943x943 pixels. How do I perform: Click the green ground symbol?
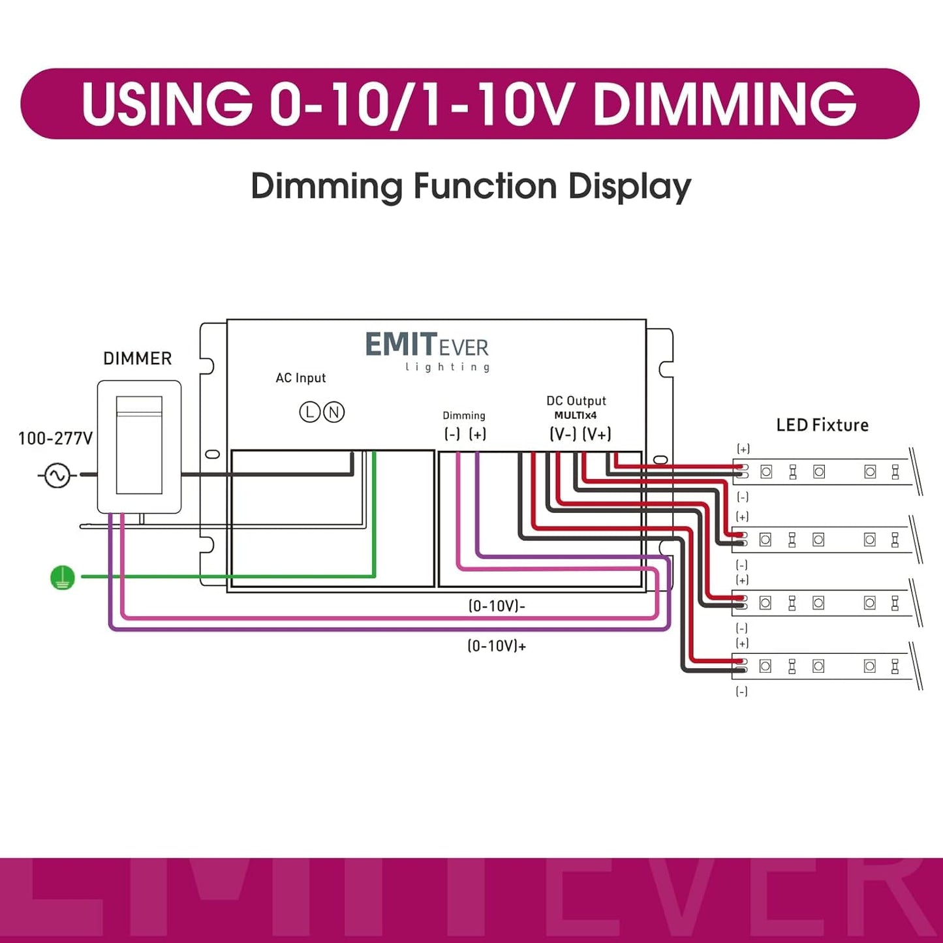pyautogui.click(x=63, y=578)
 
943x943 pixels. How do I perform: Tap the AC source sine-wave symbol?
pyautogui.click(x=57, y=475)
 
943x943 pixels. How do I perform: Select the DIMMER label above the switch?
pyautogui.click(x=137, y=358)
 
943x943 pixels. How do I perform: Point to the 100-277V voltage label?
pyautogui.click(x=55, y=439)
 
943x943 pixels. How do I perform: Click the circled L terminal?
pyautogui.click(x=309, y=412)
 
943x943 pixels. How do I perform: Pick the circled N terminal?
pyautogui.click(x=334, y=412)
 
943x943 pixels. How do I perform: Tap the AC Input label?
pyautogui.click(x=300, y=378)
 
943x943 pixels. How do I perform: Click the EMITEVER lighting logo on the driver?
pyautogui.click(x=427, y=350)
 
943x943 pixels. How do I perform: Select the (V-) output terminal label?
pyautogui.click(x=563, y=434)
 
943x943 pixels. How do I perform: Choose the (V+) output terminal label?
pyautogui.click(x=596, y=434)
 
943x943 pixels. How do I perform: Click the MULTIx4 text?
pyautogui.click(x=576, y=416)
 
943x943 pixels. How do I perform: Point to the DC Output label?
pyautogui.click(x=576, y=401)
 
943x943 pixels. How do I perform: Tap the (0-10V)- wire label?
pyautogui.click(x=497, y=606)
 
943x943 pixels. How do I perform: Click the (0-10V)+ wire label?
pyautogui.click(x=497, y=646)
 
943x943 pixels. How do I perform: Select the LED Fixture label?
pyautogui.click(x=822, y=425)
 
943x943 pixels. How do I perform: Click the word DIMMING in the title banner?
pyautogui.click(x=724, y=104)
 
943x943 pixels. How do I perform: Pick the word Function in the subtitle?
pyautogui.click(x=484, y=187)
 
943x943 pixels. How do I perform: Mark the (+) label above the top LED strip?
pyautogui.click(x=743, y=449)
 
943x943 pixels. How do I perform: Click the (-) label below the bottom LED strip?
pyautogui.click(x=742, y=692)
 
